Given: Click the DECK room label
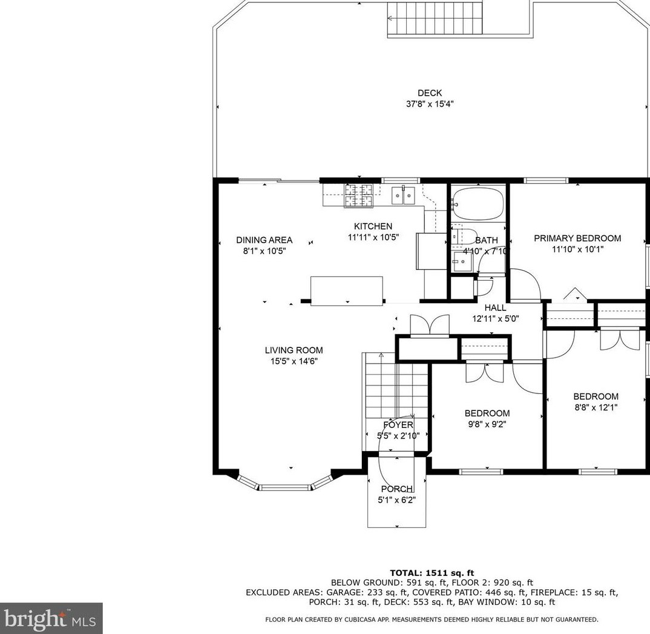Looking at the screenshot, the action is click(430, 93).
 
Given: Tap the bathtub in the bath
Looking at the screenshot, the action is click(478, 204).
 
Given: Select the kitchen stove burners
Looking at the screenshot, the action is click(358, 195).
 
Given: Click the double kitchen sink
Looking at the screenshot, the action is click(403, 195).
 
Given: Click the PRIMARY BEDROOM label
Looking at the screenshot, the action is click(577, 238).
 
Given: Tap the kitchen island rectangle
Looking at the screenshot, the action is click(347, 291).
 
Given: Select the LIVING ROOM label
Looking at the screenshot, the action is click(294, 350).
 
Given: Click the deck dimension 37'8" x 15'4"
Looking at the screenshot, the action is click(430, 104).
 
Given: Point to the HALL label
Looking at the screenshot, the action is click(496, 308).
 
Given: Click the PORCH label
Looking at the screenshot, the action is click(396, 489).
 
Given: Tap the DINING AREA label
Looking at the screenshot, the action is click(264, 240).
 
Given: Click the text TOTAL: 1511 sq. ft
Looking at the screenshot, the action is click(432, 573).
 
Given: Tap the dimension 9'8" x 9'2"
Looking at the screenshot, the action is click(487, 424).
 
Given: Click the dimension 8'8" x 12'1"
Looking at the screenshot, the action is click(596, 407).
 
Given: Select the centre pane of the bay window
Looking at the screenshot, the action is click(285, 487).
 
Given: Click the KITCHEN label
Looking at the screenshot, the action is click(373, 226).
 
